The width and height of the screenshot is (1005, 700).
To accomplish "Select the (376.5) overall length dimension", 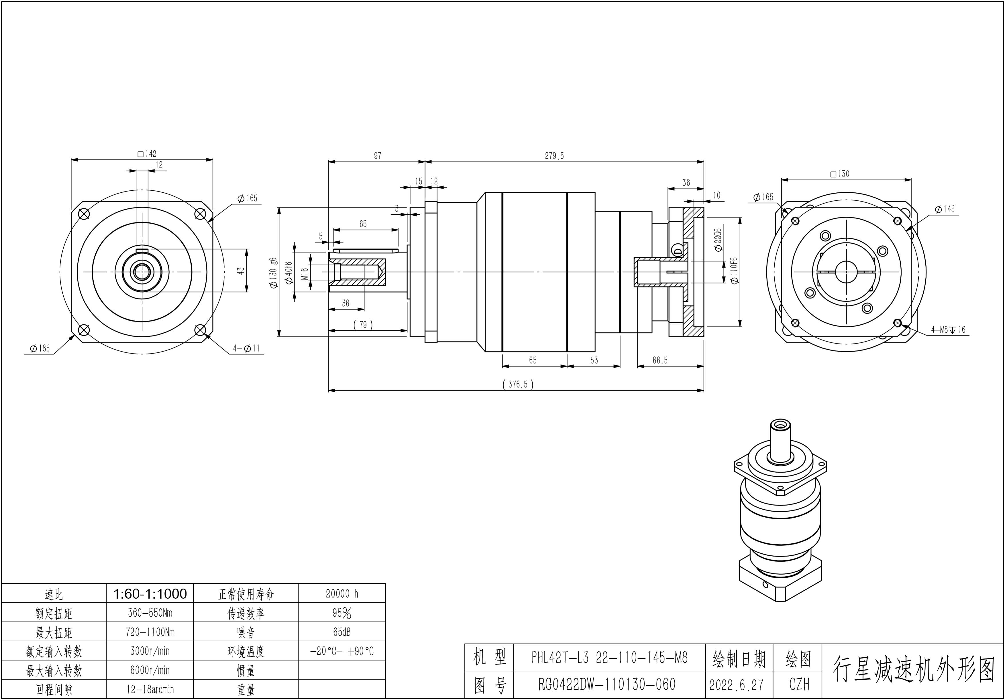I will [x=518, y=384].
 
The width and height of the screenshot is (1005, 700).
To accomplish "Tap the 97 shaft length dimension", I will [x=377, y=156].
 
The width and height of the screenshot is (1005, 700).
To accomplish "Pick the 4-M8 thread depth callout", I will [x=948, y=330].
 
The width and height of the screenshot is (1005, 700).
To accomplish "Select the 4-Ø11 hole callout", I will [x=246, y=349].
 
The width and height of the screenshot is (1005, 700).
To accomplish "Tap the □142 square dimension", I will [x=147, y=154].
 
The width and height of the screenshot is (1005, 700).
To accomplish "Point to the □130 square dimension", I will [x=839, y=174].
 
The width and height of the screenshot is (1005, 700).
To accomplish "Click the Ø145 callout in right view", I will [x=945, y=209].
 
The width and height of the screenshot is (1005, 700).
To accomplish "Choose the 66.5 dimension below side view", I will [x=660, y=360].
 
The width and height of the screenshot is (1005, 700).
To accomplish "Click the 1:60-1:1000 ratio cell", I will [x=150, y=594].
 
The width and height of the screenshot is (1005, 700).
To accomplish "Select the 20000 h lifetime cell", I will [x=341, y=594].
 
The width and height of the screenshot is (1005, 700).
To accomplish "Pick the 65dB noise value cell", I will [x=341, y=632].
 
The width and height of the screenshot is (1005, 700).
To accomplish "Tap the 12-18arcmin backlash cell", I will [x=150, y=689].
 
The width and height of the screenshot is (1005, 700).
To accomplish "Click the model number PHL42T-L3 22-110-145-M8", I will [x=609, y=658].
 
